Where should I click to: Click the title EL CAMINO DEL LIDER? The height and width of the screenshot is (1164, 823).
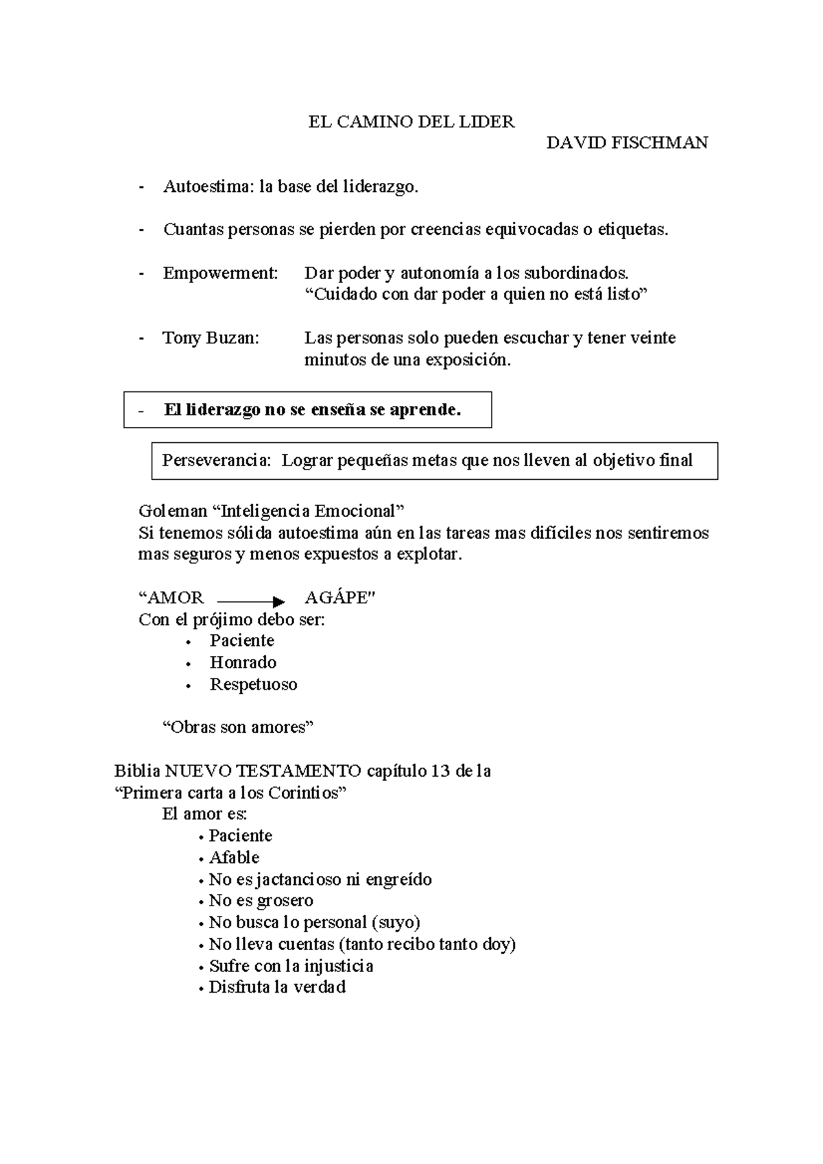411,122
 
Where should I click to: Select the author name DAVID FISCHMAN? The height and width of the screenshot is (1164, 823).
627,143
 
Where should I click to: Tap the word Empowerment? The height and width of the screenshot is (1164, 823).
220,273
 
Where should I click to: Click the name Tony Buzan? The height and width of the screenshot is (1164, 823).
211,338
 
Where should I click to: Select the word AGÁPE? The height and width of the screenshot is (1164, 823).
339,598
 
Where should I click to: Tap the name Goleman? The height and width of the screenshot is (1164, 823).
172,511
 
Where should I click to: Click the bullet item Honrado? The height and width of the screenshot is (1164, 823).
243,662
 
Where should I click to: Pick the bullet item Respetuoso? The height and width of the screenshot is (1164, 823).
253,684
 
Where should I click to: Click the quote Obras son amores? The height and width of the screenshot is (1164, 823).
237,727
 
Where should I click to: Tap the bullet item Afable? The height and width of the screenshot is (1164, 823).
234,858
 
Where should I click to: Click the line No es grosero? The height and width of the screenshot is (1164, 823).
261,901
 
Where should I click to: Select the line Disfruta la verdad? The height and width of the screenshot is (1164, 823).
276,987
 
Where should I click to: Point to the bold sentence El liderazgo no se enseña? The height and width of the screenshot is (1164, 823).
312,410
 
